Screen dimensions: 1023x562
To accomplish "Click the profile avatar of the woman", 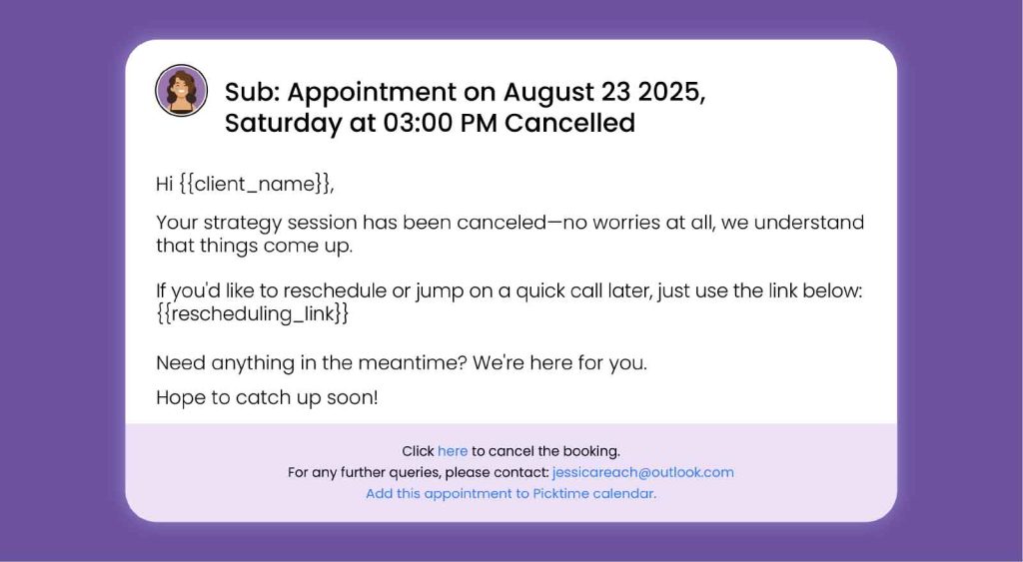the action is point(182,91).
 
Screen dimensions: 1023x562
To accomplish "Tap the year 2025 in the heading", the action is point(668,92).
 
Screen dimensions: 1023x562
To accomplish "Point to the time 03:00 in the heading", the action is point(418,123).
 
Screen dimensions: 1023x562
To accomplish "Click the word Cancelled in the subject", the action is point(569,123).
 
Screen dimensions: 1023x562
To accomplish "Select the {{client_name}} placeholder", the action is point(255,184).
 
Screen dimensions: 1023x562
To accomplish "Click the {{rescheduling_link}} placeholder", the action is point(253,313).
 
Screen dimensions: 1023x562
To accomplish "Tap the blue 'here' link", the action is point(453,451).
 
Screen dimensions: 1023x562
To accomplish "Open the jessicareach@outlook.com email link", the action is point(642,472).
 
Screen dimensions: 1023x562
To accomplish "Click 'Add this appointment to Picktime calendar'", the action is point(511,493).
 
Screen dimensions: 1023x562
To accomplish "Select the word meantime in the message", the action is point(413,362).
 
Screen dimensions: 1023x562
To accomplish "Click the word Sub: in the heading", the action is point(252,92).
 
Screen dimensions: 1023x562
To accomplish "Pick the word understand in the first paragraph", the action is point(809,223).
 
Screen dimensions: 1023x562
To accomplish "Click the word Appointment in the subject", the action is point(372,92).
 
